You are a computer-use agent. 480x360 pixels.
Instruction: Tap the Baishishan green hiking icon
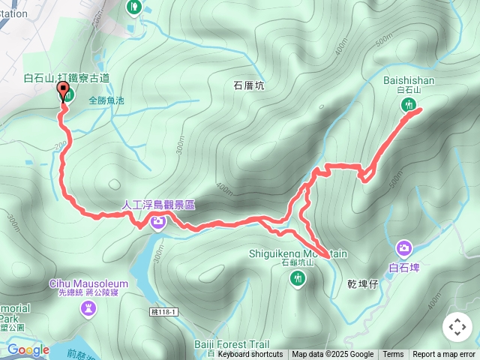coord(409,104)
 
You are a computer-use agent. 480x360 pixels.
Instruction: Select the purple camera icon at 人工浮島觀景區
coord(158,220)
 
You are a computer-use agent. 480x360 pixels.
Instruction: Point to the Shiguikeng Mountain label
coord(298,254)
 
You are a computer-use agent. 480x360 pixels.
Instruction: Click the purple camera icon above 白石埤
coord(404,247)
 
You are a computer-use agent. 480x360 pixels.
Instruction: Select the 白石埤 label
coord(404,265)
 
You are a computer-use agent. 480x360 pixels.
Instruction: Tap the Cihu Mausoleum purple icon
coord(88,307)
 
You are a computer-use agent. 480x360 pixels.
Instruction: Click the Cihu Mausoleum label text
coord(88,283)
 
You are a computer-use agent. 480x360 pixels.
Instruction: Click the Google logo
coord(28,349)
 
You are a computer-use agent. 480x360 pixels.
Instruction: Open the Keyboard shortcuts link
coord(250,355)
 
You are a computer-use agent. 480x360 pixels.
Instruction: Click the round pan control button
coord(457,327)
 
